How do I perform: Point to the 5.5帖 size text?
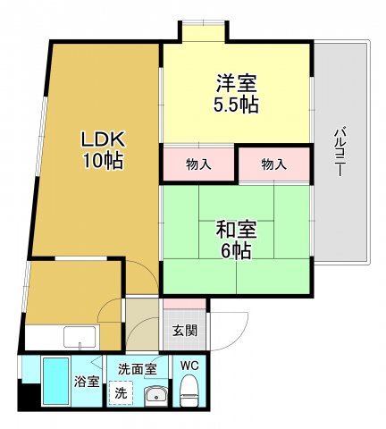[x=237, y=105]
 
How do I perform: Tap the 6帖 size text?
[x=237, y=250]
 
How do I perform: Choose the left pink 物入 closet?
[x=198, y=165]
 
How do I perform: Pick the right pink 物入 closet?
[x=274, y=165]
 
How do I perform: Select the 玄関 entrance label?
[x=185, y=330]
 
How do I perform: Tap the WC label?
[x=189, y=366]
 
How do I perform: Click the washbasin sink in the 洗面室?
[x=155, y=394]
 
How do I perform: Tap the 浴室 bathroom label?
[x=87, y=381]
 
